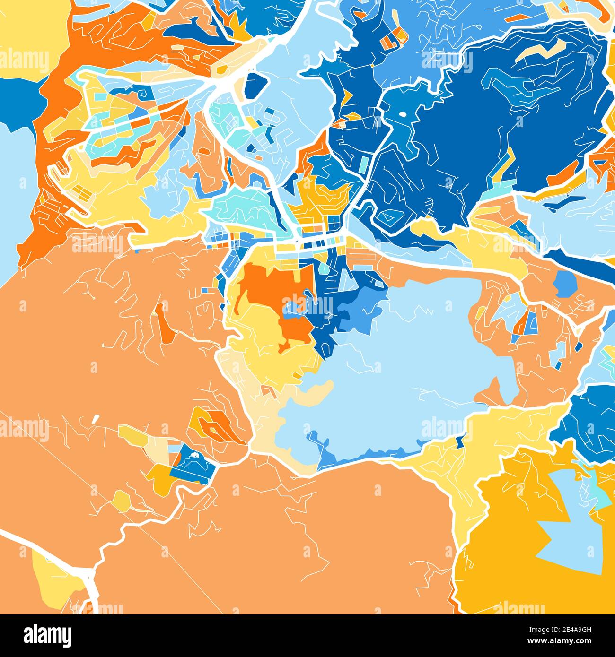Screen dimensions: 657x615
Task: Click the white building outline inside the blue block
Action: click(194, 456)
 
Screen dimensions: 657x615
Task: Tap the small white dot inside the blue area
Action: click(403, 114)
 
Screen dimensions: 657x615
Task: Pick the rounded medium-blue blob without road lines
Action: click(564, 284)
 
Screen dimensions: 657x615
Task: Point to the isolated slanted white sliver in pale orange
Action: click(96, 418)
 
